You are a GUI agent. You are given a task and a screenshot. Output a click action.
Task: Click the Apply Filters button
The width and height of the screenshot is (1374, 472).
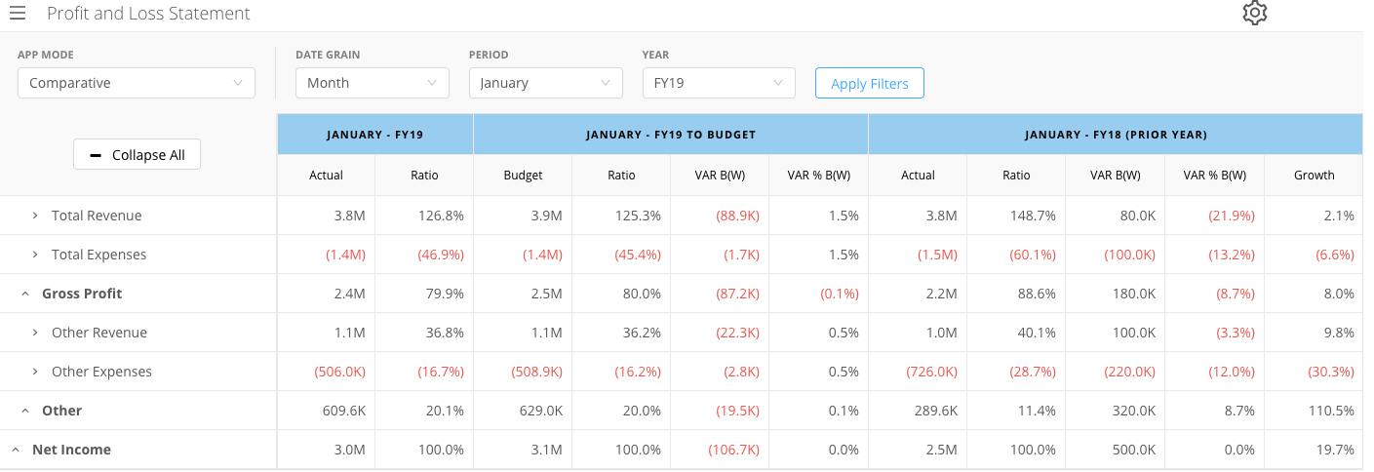coord(869,83)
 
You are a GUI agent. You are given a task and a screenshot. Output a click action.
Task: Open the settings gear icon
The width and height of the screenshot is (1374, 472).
coord(1254,13)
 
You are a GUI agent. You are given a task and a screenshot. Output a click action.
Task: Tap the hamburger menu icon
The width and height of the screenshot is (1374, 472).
coord(18,13)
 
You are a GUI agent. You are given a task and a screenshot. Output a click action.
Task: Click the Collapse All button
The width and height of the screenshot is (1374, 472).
coord(137,155)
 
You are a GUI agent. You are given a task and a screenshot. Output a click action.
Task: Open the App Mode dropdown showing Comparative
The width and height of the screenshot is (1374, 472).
coord(137,83)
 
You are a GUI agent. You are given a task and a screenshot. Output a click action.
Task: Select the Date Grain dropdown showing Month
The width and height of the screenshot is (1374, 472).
coord(373,83)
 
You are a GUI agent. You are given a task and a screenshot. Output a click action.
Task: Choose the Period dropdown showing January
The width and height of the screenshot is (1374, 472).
coord(546,83)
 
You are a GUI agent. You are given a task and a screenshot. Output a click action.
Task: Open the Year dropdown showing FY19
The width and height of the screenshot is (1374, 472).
coord(719,83)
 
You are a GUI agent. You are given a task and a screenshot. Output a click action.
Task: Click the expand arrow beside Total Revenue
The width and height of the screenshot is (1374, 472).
coord(35,216)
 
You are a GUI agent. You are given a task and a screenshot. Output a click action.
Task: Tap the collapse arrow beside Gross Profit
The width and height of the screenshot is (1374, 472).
coord(25,294)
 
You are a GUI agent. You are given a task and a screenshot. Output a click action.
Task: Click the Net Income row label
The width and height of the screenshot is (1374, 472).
coord(72,450)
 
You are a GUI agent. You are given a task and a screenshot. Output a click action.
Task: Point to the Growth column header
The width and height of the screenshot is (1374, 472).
coord(1314,175)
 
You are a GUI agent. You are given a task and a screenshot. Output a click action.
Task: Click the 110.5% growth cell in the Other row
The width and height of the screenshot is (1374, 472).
coord(1330,411)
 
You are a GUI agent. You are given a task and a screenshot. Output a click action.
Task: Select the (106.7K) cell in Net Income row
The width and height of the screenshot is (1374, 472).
coord(733,450)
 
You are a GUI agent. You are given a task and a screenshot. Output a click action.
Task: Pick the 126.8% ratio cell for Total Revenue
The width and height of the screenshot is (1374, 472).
coord(441,216)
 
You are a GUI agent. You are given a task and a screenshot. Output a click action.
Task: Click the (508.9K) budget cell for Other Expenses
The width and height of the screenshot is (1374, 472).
coord(536,372)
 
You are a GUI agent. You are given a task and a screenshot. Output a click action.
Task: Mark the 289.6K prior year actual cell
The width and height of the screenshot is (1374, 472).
coord(935,411)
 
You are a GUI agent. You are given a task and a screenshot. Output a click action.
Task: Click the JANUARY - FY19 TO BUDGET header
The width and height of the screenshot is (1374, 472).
coord(671,135)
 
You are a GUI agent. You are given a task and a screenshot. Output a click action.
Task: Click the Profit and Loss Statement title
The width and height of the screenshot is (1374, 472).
coord(148,13)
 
